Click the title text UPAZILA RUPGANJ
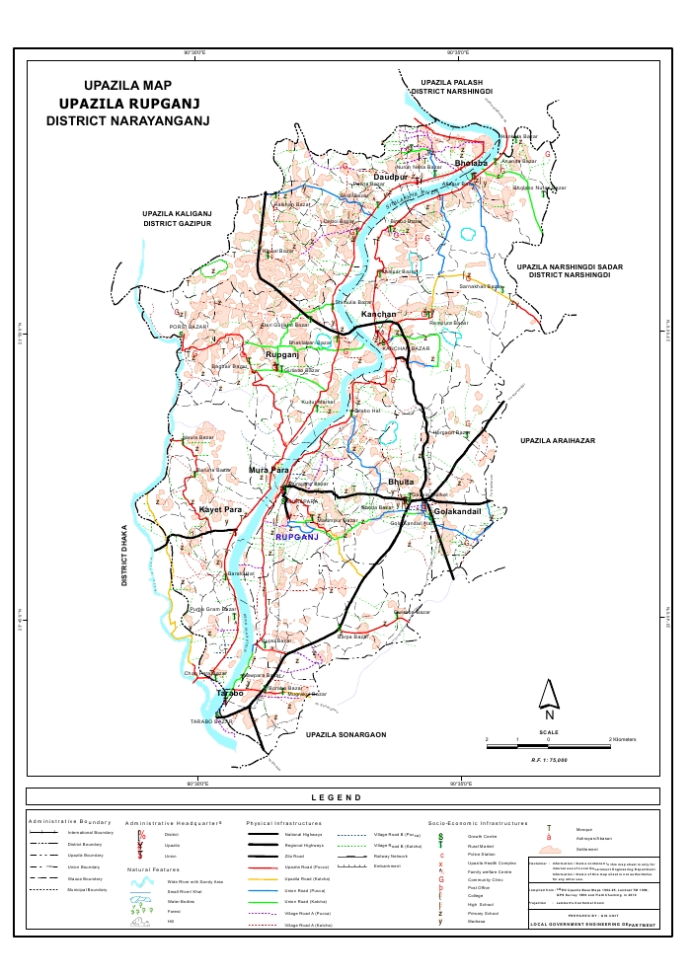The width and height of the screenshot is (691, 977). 130,103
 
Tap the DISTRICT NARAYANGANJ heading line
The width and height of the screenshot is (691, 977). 129,120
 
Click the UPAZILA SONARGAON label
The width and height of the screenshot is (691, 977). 345,735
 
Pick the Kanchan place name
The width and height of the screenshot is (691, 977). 378,315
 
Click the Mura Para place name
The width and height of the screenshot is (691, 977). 269,470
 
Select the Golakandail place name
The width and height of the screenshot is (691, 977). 451,512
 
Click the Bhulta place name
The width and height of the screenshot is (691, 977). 402,481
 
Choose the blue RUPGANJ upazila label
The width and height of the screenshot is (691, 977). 299,536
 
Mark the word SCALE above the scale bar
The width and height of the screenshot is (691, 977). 548,732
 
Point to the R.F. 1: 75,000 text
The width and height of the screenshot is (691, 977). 549,759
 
